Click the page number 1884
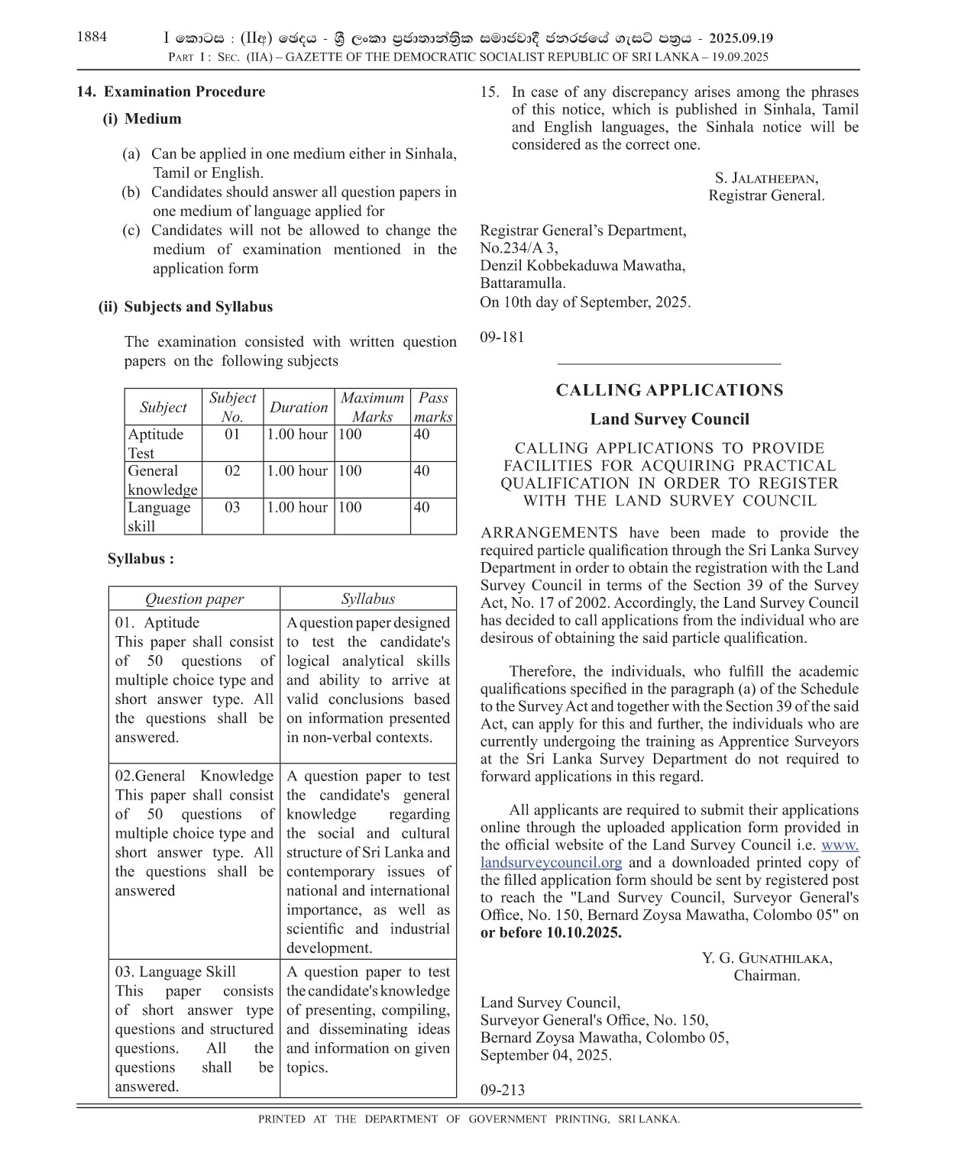click(x=92, y=37)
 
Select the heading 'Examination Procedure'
click(x=184, y=92)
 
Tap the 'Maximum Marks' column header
click(x=372, y=407)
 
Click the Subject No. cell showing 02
click(x=232, y=471)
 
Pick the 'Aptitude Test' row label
click(x=156, y=444)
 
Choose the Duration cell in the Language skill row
click(x=297, y=508)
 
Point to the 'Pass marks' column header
click(x=433, y=407)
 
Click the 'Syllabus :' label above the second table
click(x=141, y=559)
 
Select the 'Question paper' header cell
click(x=194, y=599)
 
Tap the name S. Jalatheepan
click(x=766, y=178)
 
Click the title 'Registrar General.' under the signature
click(x=766, y=195)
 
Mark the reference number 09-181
click(x=502, y=337)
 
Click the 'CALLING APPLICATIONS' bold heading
click(x=669, y=390)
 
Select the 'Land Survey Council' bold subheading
click(x=669, y=419)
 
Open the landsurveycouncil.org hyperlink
click(x=551, y=863)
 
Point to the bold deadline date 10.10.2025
click(x=583, y=932)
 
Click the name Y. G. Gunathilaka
click(x=767, y=958)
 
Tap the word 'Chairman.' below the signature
click(x=767, y=976)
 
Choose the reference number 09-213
click(x=503, y=1090)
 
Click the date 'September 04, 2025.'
click(x=545, y=1055)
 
